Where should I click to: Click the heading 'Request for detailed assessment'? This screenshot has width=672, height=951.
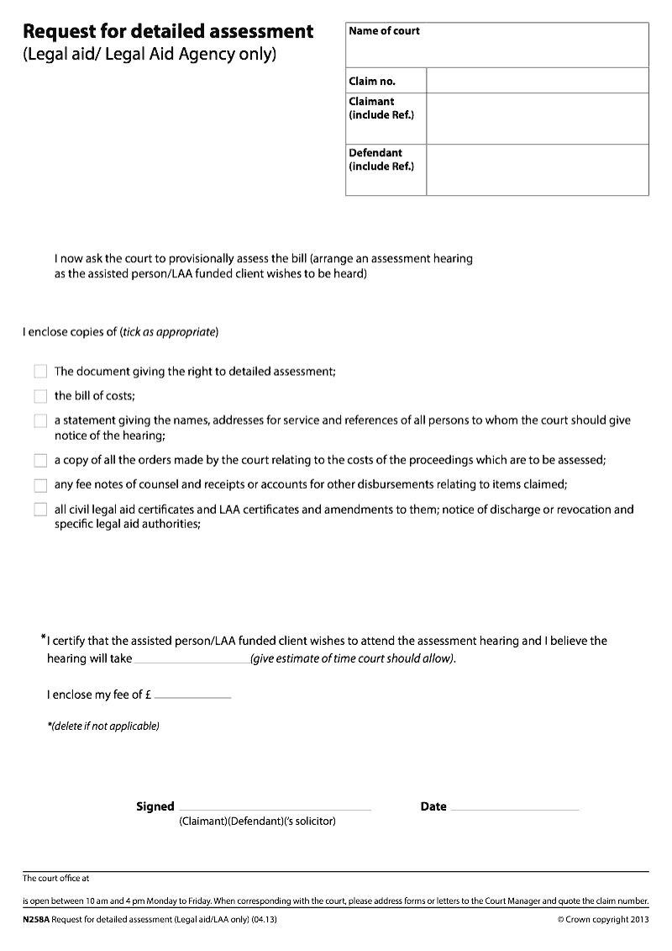[x=168, y=32]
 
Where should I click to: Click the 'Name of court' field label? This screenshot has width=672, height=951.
[x=384, y=31]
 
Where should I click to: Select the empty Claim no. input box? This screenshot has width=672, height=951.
[x=537, y=81]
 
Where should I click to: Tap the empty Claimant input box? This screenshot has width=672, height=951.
[x=537, y=119]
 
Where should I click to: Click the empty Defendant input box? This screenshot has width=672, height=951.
[x=537, y=170]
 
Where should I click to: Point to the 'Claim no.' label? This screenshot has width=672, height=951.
[x=372, y=82]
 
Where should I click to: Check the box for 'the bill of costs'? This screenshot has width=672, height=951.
[x=40, y=396]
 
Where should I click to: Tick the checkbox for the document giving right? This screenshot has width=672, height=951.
[x=40, y=372]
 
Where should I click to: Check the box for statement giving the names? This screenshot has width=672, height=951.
[x=40, y=421]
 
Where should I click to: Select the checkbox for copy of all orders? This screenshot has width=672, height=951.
[x=40, y=461]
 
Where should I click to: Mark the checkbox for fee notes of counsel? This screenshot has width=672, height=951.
[x=40, y=485]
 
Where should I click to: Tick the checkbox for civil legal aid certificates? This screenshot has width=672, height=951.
[x=40, y=510]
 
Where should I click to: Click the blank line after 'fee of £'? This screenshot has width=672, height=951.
[x=192, y=696]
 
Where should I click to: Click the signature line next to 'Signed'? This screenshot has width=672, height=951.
[x=275, y=808]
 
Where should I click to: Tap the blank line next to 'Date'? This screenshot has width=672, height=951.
[x=514, y=808]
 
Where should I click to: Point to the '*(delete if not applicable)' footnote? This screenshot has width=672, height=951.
[x=103, y=726]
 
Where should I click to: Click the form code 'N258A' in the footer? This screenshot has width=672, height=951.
[x=36, y=921]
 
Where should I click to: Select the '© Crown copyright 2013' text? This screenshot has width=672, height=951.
[x=602, y=921]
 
